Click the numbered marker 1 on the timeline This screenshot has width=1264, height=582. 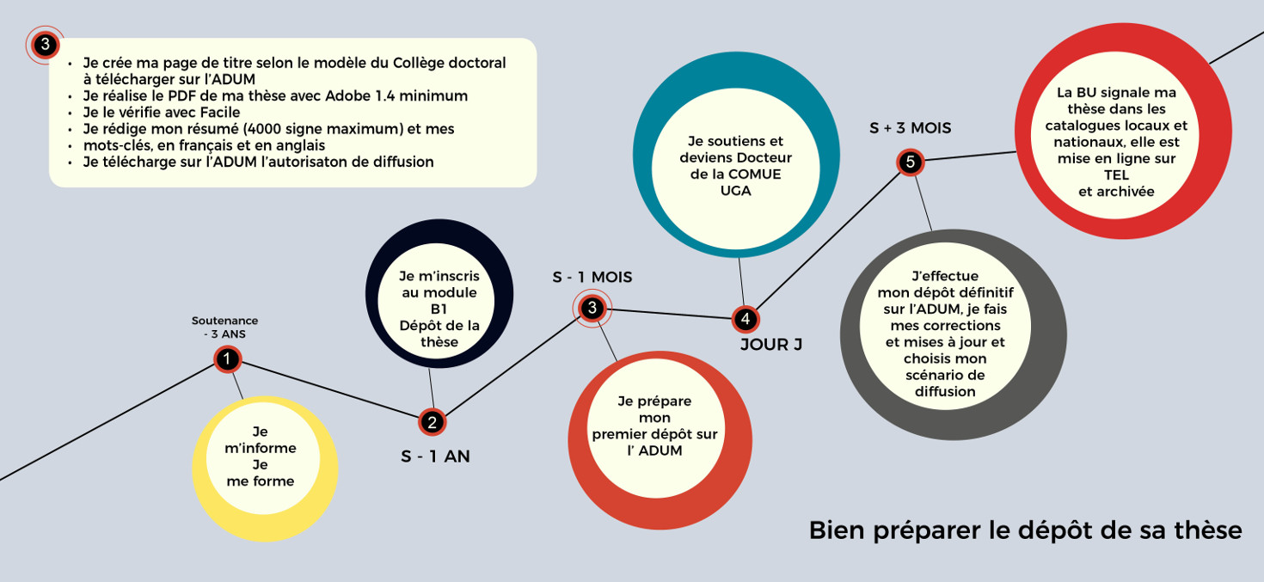coord(227,359)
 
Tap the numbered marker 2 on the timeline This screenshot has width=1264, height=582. coord(432,422)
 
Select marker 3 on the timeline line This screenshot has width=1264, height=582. coord(592,308)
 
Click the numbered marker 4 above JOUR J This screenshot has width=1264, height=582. coord(745,319)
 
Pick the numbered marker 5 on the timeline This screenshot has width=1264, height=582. coord(910,162)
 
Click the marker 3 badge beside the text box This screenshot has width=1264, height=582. coord(46,45)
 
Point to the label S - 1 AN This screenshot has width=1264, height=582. coord(435,456)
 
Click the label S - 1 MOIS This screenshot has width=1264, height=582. coord(592,277)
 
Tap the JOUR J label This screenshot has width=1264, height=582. coord(770,346)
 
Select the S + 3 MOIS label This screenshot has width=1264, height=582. coord(910,129)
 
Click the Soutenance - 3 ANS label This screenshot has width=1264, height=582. coord(224,328)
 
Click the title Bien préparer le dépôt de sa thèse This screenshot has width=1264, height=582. coord(1025,530)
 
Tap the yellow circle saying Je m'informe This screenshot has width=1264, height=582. coord(261,468)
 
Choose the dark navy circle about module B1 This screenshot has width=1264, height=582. coord(439,309)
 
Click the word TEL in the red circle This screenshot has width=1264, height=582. coord(1116,175)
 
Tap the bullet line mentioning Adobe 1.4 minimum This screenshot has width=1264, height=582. coord(275,95)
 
